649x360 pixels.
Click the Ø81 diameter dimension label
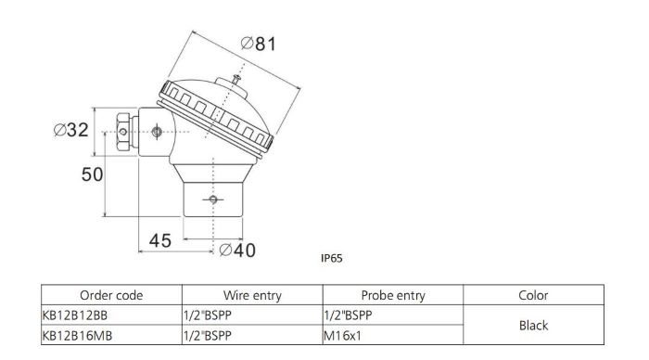pos(259,44)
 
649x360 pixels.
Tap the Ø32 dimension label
pos(71,130)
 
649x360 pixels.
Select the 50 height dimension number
pos(92,174)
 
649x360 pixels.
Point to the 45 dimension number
pos(160,240)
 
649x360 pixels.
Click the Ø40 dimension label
pos(237,251)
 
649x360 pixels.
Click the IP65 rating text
pos(332,259)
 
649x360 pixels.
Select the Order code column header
pos(111,295)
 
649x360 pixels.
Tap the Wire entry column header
pos(252,295)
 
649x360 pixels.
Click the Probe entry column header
pos(393,295)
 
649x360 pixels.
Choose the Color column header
pos(533,295)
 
